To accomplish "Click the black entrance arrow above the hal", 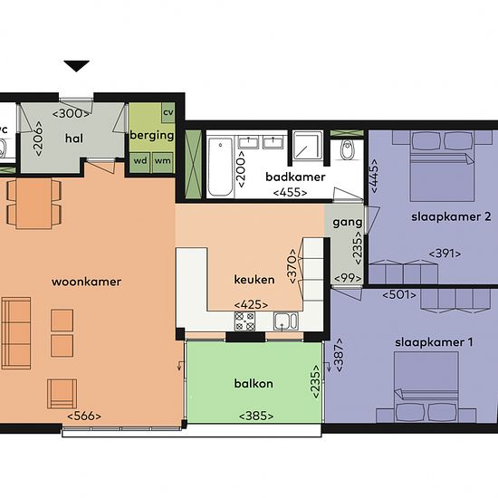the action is [x=76, y=66].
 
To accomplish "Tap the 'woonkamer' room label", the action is [x=86, y=282].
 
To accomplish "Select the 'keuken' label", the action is [x=254, y=280].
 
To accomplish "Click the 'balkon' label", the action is [x=254, y=383].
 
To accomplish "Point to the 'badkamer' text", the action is [x=295, y=177].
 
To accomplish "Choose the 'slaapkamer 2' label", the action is [x=451, y=216].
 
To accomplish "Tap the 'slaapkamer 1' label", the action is [x=434, y=342].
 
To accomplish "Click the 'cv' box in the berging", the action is [x=168, y=112].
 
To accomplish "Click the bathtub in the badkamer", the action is [x=220, y=168].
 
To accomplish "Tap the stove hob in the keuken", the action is [x=244, y=321].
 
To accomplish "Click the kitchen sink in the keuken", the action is [x=286, y=321].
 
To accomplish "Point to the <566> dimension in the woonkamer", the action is [x=84, y=416].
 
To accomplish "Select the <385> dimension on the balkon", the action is [x=256, y=416].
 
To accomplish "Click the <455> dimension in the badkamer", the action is [x=290, y=193].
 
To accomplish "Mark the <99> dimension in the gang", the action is [x=348, y=278].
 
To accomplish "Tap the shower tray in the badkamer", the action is [x=308, y=145].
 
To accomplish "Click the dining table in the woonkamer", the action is [x=34, y=203].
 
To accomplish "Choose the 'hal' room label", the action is [x=74, y=139].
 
